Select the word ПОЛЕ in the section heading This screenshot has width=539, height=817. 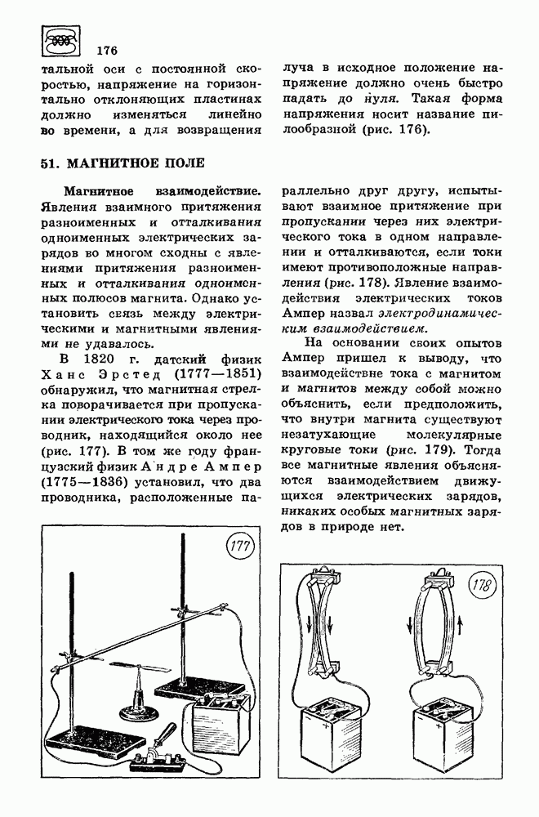tap(171, 163)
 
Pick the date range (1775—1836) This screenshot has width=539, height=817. tap(78, 482)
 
